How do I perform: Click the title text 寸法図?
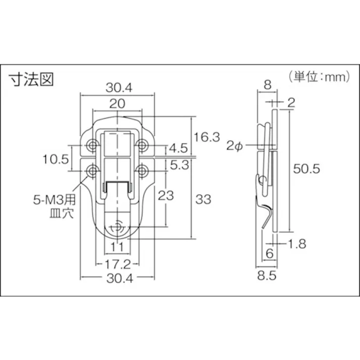point(31,79)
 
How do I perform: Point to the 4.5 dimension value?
point(178,148)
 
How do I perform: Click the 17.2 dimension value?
point(117,263)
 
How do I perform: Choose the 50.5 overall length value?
point(307,169)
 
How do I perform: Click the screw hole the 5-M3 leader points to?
point(92,172)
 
